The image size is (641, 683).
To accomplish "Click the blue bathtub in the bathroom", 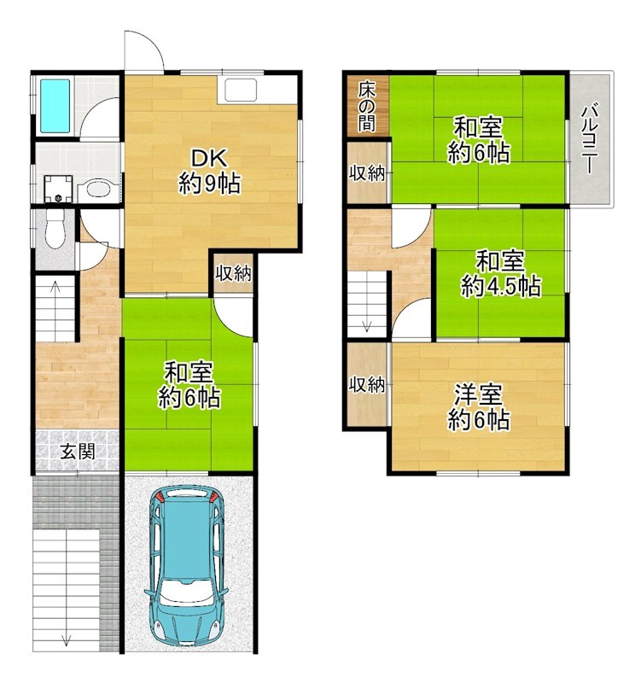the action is coord(55,106).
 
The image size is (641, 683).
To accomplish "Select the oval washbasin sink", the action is coord(98,190).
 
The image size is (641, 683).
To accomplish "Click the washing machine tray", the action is coord(58,189).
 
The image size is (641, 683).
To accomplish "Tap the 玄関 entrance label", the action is coord(78,452).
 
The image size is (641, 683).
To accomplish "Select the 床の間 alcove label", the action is coord(367,108).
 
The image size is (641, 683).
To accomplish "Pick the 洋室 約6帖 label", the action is coord(479,407).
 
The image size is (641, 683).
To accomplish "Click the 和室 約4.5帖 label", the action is coord(500,273).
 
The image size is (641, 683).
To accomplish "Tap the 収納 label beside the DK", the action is coord(234,273).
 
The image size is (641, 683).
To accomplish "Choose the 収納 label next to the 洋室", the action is coord(367,385).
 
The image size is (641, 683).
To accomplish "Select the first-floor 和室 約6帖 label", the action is coord(189,385).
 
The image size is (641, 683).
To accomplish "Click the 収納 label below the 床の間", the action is coord(367,173).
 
